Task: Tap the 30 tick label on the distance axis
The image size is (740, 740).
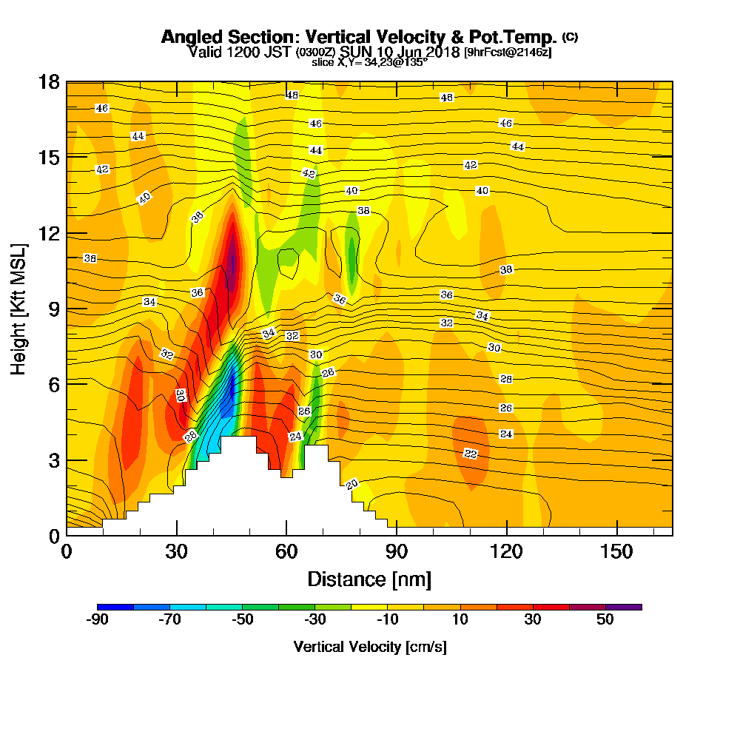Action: coord(176,552)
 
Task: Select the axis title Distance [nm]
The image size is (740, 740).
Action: coord(369,579)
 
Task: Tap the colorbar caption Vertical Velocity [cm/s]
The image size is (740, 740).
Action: coord(369,647)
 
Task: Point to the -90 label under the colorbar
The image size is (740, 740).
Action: coord(98,620)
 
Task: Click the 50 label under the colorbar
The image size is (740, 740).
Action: coord(605,620)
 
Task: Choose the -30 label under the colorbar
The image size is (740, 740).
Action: coord(315,620)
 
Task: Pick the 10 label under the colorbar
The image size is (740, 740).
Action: coord(460,620)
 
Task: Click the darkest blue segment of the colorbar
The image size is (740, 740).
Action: coord(115,607)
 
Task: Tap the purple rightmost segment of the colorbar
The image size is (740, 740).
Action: coord(623,607)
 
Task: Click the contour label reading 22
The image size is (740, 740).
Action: coord(471,453)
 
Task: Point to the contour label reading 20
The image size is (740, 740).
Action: coord(352,484)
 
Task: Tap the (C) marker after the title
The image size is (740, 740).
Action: coord(570,36)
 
